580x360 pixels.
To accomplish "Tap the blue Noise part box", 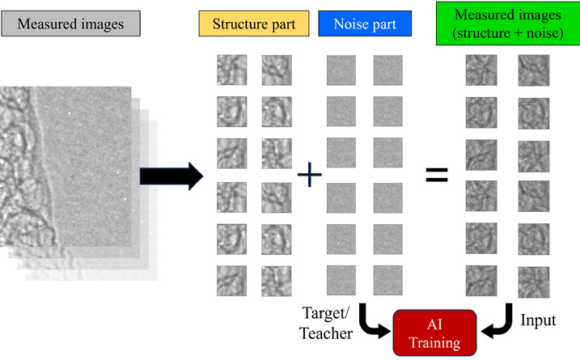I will [365, 25].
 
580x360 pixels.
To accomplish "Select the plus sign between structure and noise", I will [309, 175].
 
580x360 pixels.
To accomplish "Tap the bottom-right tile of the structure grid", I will [277, 280].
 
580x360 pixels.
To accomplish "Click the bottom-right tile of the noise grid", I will [387, 280].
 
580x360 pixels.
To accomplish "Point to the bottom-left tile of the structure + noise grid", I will [481, 280].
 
